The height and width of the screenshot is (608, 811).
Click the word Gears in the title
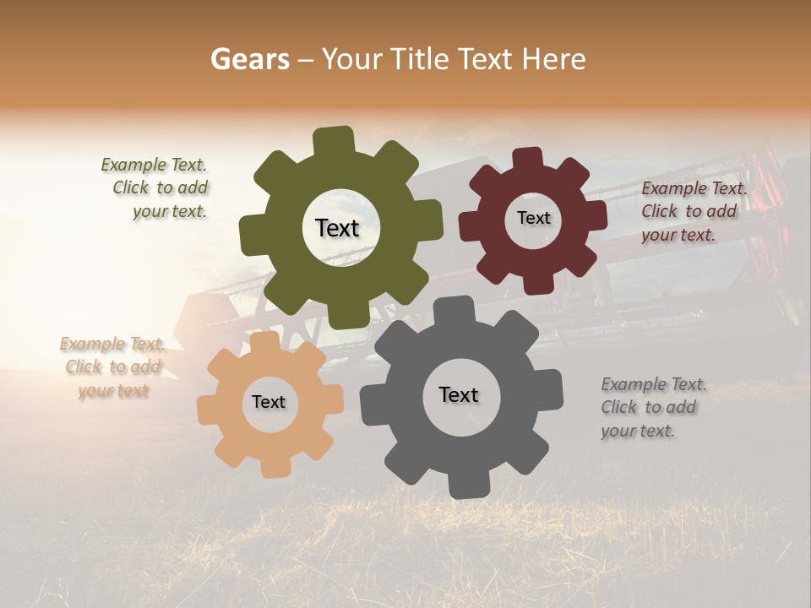click(249, 59)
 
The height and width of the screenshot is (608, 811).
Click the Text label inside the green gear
click(337, 228)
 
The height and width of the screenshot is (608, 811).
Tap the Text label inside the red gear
click(533, 218)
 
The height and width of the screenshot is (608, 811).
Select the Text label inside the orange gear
click(269, 402)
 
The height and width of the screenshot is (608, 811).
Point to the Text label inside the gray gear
click(459, 394)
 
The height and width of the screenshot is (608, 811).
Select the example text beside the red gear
click(693, 212)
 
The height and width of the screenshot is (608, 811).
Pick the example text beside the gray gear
click(652, 408)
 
